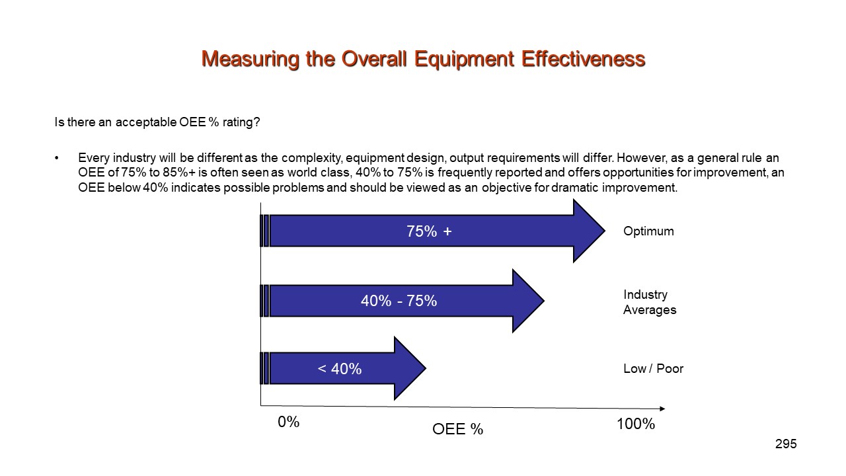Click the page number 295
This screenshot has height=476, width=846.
tap(786, 444)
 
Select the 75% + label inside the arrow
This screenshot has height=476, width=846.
tap(429, 231)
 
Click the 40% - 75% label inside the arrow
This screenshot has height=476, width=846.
tap(399, 301)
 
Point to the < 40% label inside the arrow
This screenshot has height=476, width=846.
tap(340, 369)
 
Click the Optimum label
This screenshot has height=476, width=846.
tap(648, 231)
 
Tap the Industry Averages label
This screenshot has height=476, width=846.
tap(649, 302)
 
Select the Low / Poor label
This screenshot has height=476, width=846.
tap(653, 369)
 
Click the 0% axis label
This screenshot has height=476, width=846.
tap(289, 422)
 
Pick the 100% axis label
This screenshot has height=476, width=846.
tap(635, 424)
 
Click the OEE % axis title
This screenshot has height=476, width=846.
tap(457, 429)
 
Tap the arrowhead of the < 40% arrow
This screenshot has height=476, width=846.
tap(412, 368)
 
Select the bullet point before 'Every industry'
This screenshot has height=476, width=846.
tap(57, 159)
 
